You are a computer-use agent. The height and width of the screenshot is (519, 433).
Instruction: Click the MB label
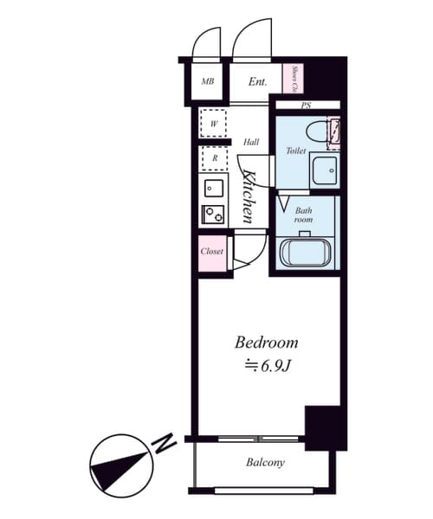coord(208,83)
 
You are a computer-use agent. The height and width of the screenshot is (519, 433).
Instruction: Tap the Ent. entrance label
coord(257,83)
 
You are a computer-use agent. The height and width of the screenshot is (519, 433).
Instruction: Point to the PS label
coord(306,106)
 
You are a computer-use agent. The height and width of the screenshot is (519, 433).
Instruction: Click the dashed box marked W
coord(213,124)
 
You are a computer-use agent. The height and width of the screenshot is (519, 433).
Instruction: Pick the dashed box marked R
coord(213,158)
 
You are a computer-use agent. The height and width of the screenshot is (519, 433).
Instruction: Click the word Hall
coord(251,142)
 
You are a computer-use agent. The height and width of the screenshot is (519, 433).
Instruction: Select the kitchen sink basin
coord(213,187)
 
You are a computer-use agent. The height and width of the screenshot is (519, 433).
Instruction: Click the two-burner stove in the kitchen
coord(213,214)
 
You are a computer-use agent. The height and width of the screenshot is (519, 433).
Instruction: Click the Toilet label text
coord(296,151)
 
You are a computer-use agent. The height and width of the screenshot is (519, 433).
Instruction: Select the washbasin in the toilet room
coord(326,170)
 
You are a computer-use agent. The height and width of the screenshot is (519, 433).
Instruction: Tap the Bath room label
coord(303,215)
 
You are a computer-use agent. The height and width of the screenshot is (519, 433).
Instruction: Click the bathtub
coord(305,252)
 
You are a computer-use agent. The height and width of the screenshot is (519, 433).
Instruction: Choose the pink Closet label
coord(212,252)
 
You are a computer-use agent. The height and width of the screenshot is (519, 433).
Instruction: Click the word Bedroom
coord(268,343)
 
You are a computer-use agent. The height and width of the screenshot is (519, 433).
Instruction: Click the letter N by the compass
coord(161,445)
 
